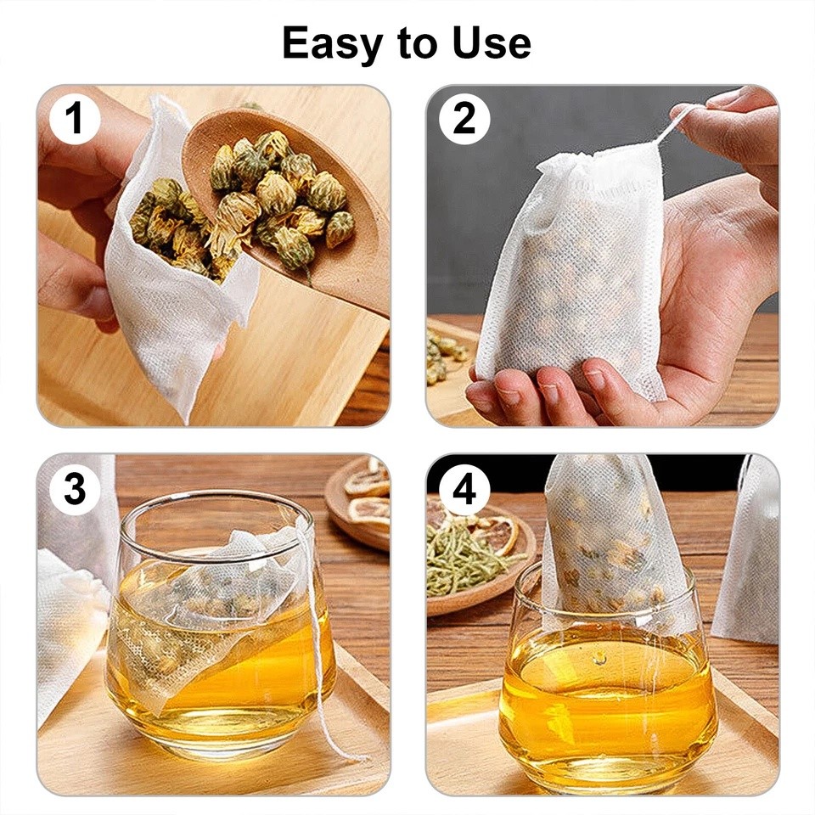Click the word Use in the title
pos(494,42)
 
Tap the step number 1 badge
pos(75,119)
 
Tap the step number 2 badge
pos(464,119)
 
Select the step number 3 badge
pos(75,490)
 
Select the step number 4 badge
pos(464,490)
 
